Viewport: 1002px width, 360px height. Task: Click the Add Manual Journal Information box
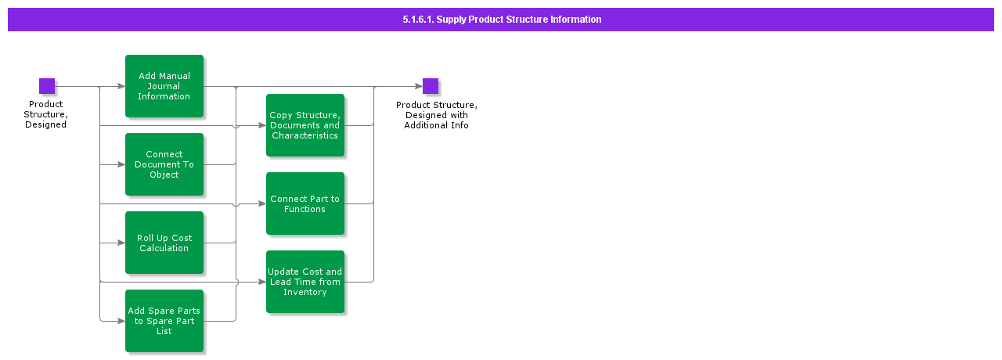click(x=164, y=86)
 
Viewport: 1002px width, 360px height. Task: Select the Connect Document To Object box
click(x=164, y=164)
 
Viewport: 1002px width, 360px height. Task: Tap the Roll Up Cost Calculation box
click(x=164, y=243)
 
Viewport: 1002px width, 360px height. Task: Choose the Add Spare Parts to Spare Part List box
click(x=164, y=321)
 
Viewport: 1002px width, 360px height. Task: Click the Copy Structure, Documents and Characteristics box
click(x=305, y=125)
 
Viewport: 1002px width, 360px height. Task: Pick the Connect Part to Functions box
click(x=305, y=203)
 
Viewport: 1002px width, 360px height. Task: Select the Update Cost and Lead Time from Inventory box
click(x=305, y=282)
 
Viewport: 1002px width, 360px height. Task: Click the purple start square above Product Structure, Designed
click(x=47, y=86)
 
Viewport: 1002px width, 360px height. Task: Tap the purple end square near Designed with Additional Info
click(x=431, y=86)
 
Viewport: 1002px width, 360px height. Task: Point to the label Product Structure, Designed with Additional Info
click(x=436, y=115)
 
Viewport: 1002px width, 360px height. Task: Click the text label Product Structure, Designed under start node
click(x=46, y=114)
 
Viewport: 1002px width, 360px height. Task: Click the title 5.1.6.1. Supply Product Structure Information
click(x=501, y=20)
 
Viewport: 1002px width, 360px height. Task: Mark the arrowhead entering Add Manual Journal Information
click(x=121, y=86)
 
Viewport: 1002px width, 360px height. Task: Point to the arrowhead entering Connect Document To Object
click(x=121, y=164)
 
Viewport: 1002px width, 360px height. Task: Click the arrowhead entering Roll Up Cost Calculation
click(x=121, y=243)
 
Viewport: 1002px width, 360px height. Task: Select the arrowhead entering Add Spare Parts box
click(x=121, y=321)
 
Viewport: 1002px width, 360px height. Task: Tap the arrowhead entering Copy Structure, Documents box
click(x=262, y=125)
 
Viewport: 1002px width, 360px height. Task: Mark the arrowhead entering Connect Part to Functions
click(x=262, y=203)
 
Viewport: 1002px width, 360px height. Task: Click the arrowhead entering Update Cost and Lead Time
click(x=262, y=282)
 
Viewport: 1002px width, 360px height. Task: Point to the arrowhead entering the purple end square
click(x=419, y=86)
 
